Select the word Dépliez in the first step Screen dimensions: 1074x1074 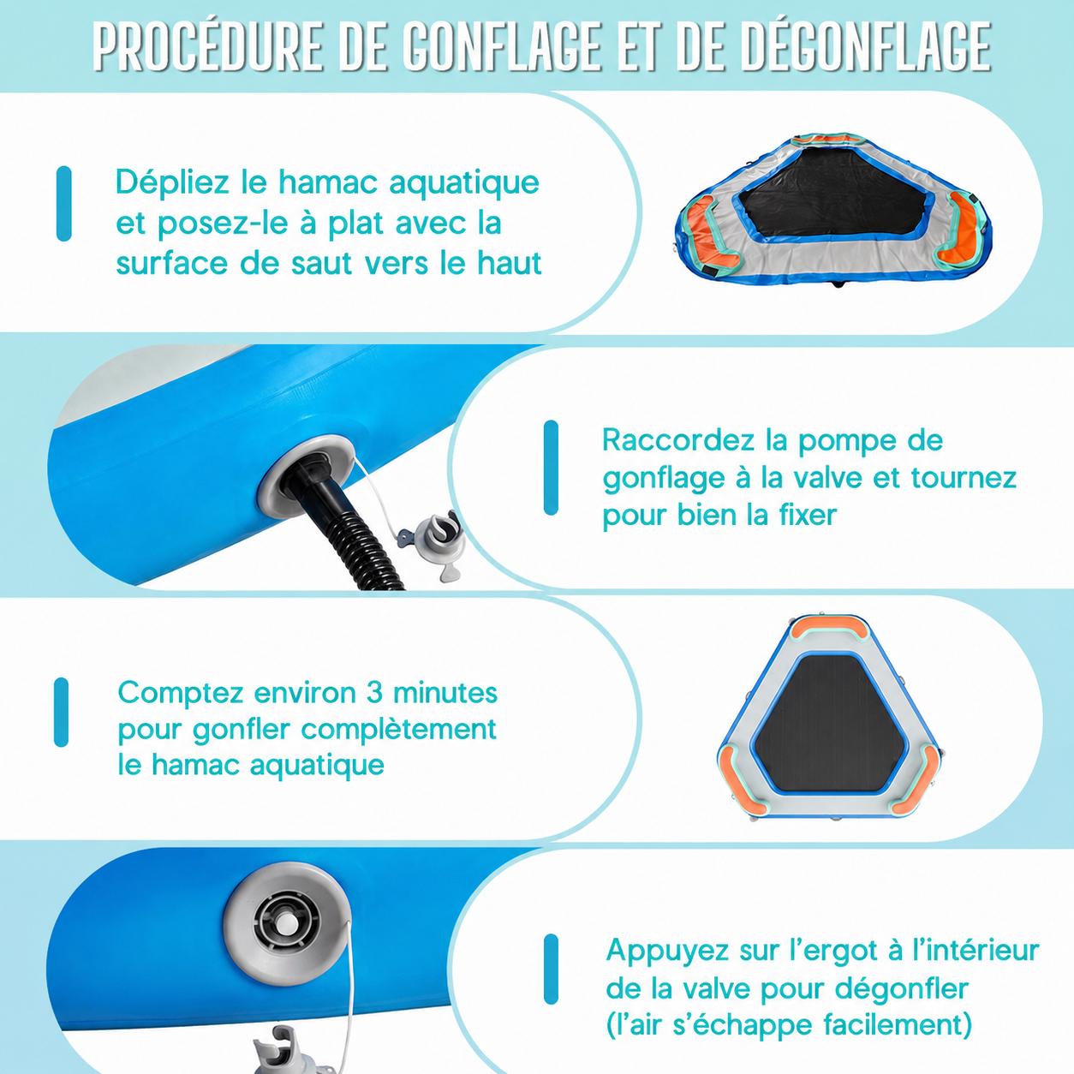click(x=172, y=182)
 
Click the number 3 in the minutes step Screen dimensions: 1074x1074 click(x=374, y=693)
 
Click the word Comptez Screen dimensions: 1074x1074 click(x=181, y=694)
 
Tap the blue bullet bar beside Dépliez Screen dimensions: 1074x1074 click(x=64, y=204)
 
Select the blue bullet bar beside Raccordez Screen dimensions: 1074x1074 click(x=552, y=468)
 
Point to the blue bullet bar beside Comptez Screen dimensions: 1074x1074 click(x=62, y=713)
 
